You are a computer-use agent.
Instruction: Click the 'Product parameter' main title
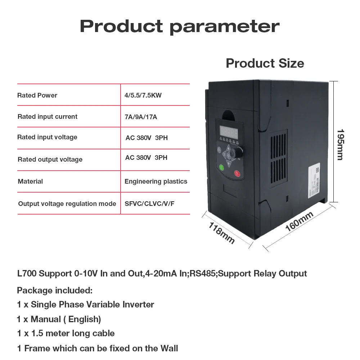pyautogui.click(x=179, y=26)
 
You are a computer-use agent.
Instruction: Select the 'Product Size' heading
pyautogui.click(x=265, y=63)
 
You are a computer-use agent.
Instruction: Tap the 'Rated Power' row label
pyautogui.click(x=37, y=95)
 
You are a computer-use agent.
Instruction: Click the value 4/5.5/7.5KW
pyautogui.click(x=143, y=95)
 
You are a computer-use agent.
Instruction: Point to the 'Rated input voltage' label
pyautogui.click(x=47, y=137)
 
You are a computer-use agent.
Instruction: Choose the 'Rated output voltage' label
pyautogui.click(x=50, y=159)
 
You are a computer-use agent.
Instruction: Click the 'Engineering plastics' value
pyautogui.click(x=156, y=181)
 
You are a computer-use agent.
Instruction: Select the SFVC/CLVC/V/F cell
pyautogui.click(x=149, y=204)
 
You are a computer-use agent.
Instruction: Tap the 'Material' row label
pyautogui.click(x=30, y=181)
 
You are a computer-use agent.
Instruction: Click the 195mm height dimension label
pyautogui.click(x=340, y=144)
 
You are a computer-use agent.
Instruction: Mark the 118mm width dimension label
pyautogui.click(x=222, y=233)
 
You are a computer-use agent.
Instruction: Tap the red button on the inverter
pyautogui.click(x=237, y=174)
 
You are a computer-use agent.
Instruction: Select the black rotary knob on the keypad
pyautogui.click(x=237, y=153)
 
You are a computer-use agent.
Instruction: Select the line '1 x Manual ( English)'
pyautogui.click(x=59, y=319)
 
